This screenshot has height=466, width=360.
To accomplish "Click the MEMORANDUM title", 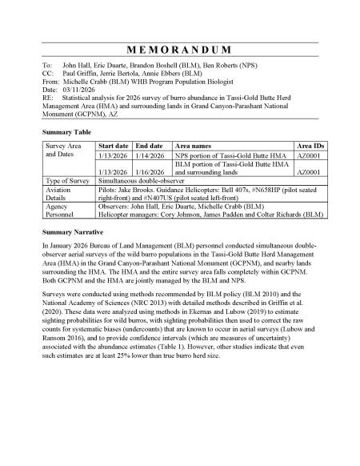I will (x=180, y=49).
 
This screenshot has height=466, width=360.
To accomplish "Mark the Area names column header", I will (x=197, y=147).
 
